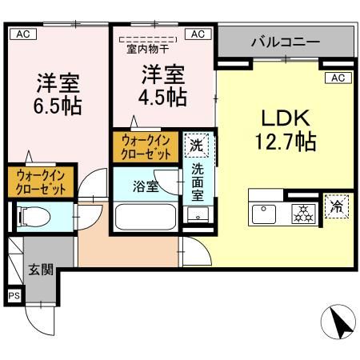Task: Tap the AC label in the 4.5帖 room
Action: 197,34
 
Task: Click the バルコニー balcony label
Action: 285,42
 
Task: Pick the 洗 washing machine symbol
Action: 197,146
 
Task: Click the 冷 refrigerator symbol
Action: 336,207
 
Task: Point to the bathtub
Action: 146,218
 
